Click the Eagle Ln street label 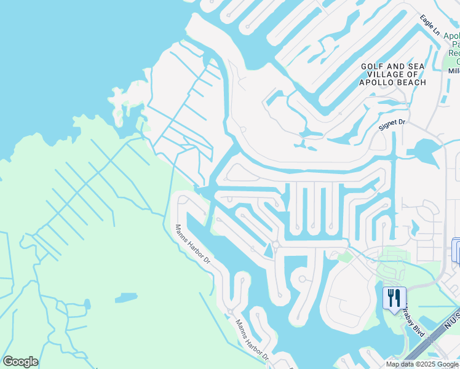pyautogui.click(x=431, y=25)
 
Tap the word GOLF pyautogui.click(x=373, y=66)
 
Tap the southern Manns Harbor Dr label pyautogui.click(x=251, y=339)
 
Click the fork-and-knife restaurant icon pyautogui.click(x=394, y=298)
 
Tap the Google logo pyautogui.click(x=20, y=362)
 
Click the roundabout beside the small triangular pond pyautogui.click(x=276, y=244)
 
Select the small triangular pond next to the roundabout pyautogui.click(x=268, y=250)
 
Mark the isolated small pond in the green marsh pyautogui.click(x=125, y=298)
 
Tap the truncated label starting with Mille pyautogui.click(x=454, y=70)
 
